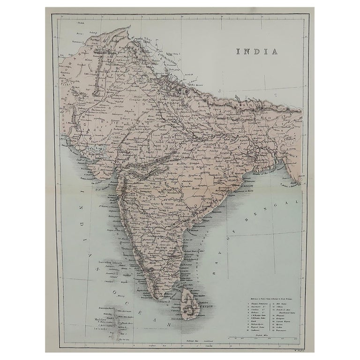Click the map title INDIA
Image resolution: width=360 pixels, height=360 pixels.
click(x=256, y=52)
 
